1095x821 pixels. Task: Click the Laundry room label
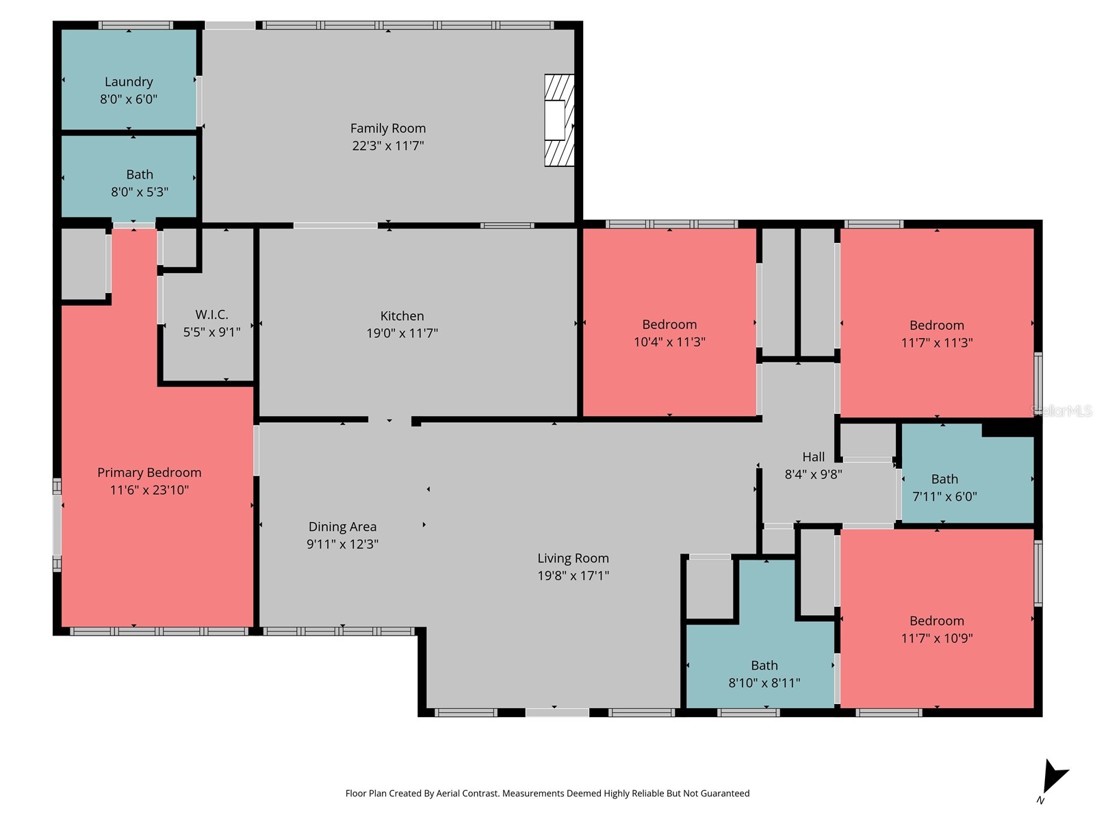click(129, 82)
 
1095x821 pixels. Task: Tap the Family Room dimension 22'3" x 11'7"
click(388, 146)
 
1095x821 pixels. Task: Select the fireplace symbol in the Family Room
click(558, 120)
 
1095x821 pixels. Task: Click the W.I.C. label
click(211, 315)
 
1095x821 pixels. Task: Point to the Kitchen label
click(402, 316)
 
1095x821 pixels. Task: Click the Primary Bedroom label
click(149, 473)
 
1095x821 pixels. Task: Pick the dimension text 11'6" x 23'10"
click(149, 490)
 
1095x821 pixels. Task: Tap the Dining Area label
click(342, 527)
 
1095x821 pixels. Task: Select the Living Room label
click(573, 558)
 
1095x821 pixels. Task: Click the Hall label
click(813, 457)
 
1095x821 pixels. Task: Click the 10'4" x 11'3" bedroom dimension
click(669, 342)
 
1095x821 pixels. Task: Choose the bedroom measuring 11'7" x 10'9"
click(936, 629)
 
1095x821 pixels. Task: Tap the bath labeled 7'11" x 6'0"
click(944, 488)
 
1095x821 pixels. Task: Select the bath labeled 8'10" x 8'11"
click(764, 674)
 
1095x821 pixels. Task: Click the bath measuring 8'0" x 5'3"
click(140, 183)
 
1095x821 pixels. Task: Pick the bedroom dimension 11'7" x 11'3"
click(936, 343)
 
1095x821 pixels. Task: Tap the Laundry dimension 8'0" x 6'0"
click(129, 99)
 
